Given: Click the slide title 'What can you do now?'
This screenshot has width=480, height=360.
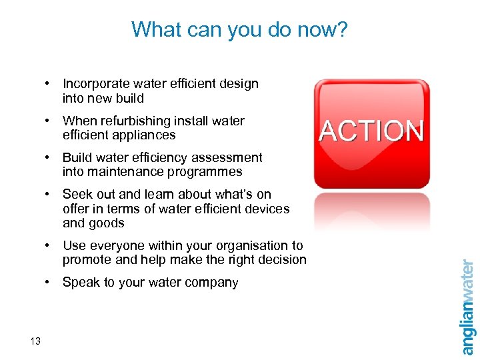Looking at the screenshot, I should [x=239, y=29].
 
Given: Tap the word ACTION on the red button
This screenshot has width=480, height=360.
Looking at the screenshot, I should [x=371, y=131].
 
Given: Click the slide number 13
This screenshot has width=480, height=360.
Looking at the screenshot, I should [x=35, y=341].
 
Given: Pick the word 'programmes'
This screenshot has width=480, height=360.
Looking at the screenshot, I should [x=207, y=172].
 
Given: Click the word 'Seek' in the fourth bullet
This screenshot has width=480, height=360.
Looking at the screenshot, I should [x=77, y=195].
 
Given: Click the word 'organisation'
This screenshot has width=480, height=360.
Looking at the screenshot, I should [x=248, y=246].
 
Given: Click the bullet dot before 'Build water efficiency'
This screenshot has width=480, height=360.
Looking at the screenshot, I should [x=48, y=158].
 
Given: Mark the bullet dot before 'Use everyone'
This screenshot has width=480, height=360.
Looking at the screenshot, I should [x=48, y=246].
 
